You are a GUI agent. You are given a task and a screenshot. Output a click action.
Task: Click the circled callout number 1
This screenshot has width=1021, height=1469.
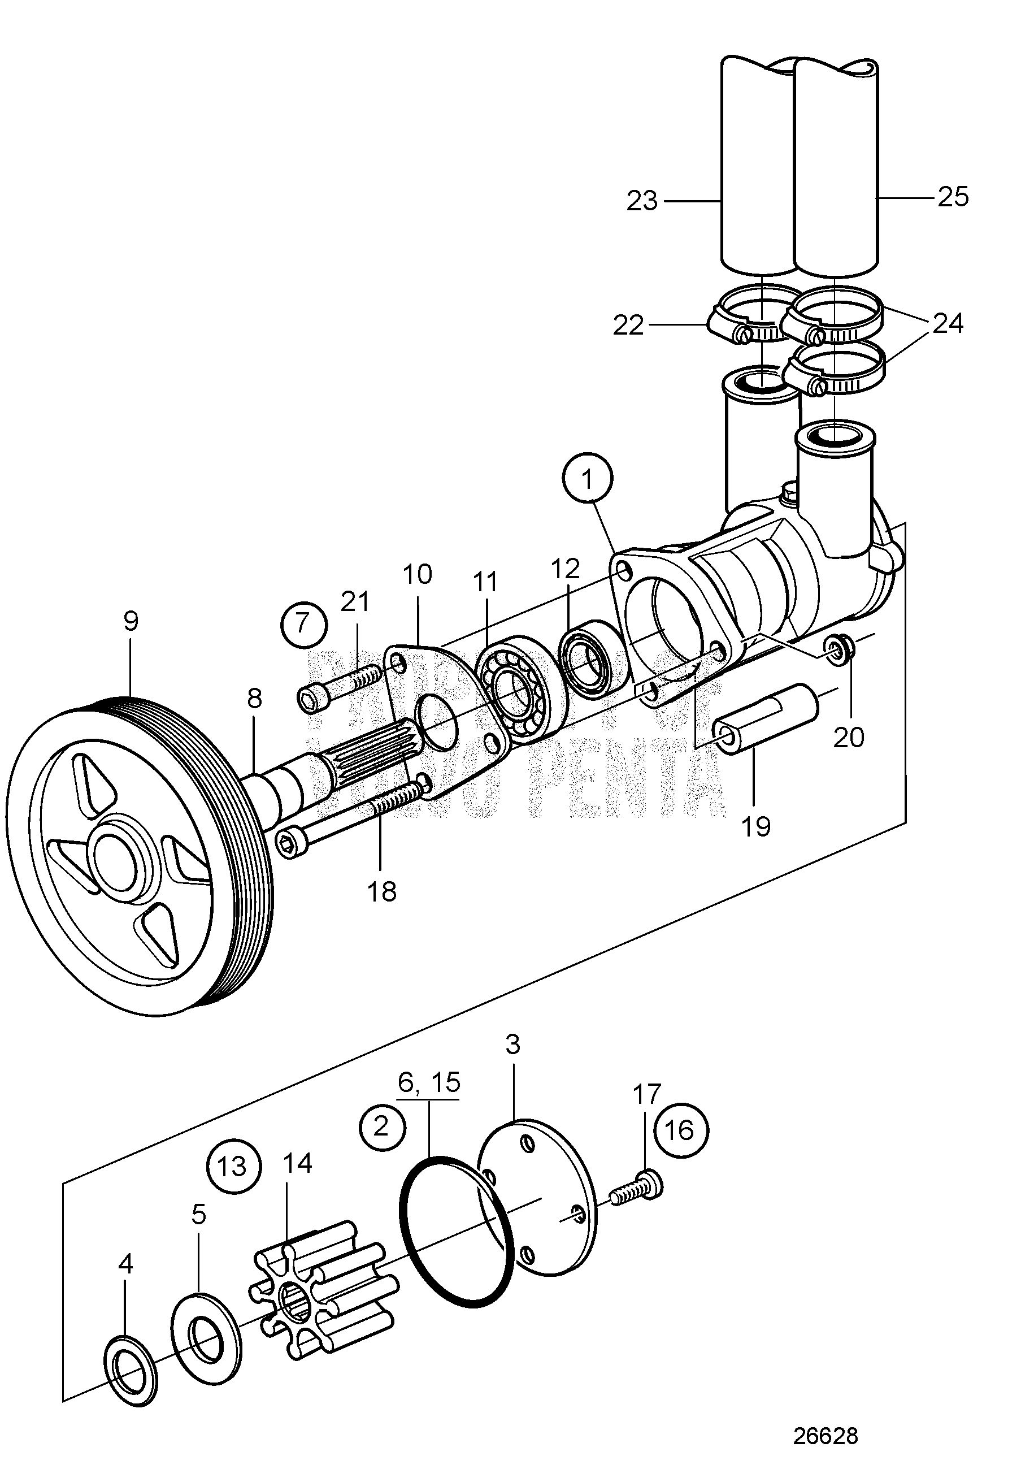point(588,479)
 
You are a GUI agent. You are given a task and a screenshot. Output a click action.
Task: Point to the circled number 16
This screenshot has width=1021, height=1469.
point(681,1130)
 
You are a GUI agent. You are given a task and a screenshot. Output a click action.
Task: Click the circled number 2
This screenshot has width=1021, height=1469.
point(382,1125)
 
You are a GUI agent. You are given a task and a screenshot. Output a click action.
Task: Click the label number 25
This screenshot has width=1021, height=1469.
point(953,197)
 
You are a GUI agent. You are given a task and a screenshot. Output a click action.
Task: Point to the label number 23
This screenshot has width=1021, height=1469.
point(642,201)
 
